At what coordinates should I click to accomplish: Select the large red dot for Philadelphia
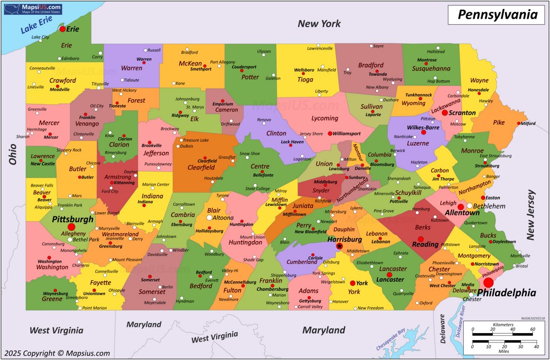(x=488, y=282)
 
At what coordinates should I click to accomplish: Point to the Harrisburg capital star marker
(x=339, y=247)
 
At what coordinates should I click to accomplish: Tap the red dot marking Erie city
(x=63, y=29)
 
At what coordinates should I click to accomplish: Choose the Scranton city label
(x=462, y=113)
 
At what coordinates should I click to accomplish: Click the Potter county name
(x=250, y=77)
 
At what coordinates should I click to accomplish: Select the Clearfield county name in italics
(x=201, y=167)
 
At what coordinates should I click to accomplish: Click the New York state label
(x=319, y=24)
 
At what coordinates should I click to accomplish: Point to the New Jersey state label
(x=530, y=215)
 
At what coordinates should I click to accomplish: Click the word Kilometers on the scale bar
(x=503, y=325)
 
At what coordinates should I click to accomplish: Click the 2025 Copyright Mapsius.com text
(x=56, y=353)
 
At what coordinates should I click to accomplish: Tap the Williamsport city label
(x=346, y=134)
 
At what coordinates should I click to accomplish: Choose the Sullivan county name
(x=372, y=106)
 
